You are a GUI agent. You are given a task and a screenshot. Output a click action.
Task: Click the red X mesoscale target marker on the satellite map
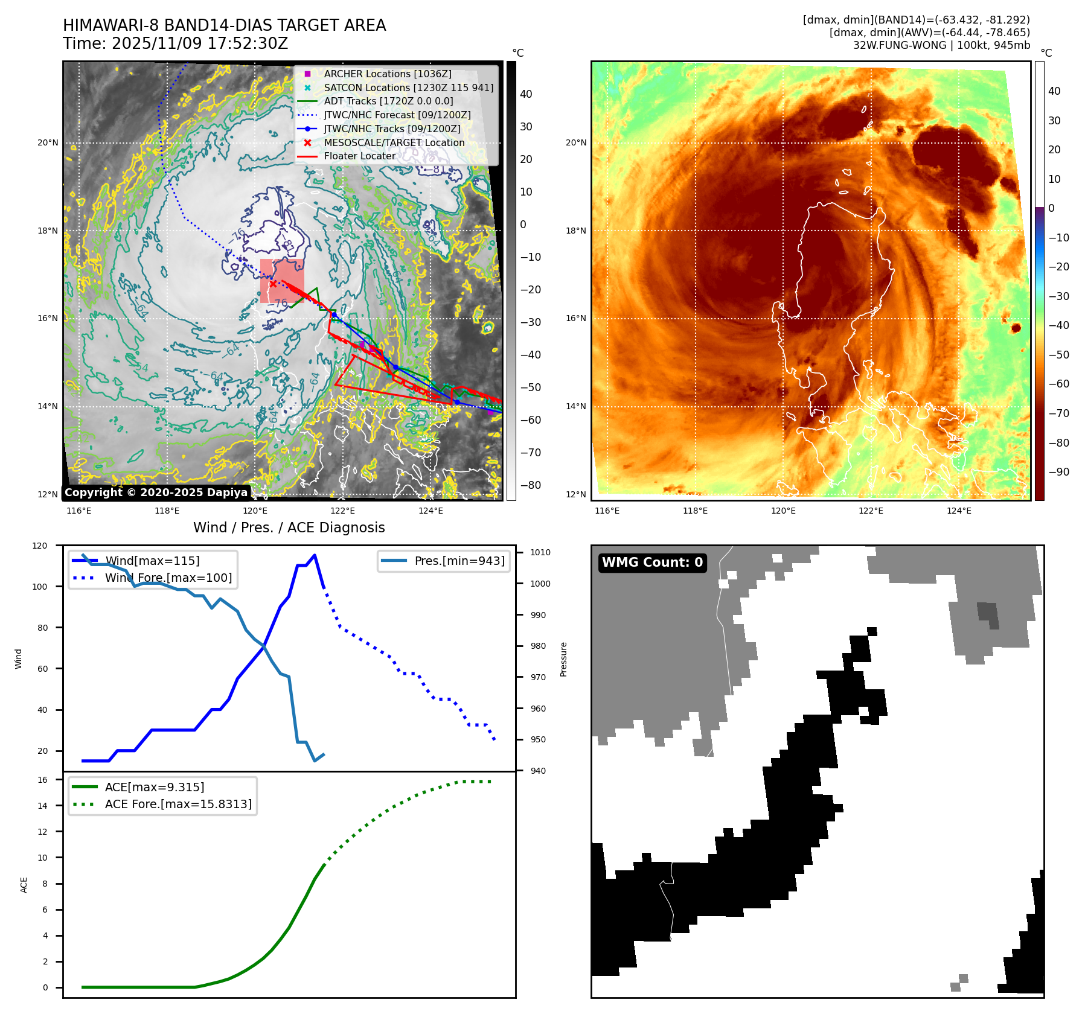point(273,284)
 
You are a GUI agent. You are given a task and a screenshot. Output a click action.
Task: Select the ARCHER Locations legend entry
point(387,74)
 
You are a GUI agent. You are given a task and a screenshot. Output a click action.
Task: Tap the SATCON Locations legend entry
point(408,88)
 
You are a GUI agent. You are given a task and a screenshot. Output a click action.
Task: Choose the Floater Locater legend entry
point(359,156)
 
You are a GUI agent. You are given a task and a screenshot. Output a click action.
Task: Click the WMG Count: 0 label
point(652,563)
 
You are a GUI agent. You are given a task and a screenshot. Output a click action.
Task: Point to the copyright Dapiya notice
point(156,492)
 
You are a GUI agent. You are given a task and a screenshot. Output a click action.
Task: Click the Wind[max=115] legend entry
point(152,561)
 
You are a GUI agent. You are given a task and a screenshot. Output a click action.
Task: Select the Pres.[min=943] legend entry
point(459,561)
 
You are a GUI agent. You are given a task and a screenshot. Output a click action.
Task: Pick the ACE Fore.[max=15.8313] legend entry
point(178,804)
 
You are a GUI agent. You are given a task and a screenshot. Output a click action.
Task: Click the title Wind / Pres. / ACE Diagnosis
point(289,528)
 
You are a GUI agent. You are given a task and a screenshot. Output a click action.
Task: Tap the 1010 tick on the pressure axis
point(540,552)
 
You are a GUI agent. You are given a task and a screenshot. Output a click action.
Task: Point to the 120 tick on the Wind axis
point(40,546)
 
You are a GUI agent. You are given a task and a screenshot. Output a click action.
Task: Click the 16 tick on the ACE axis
point(42,780)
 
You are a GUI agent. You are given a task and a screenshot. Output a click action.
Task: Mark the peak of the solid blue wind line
point(315,555)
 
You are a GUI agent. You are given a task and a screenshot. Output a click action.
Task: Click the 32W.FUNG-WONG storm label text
point(899,45)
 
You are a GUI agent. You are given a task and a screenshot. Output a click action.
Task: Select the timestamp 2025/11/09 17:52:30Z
point(199,43)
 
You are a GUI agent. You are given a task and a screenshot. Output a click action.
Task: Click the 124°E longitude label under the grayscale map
point(430,511)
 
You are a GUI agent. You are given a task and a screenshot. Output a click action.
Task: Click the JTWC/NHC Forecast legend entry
point(397,115)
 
